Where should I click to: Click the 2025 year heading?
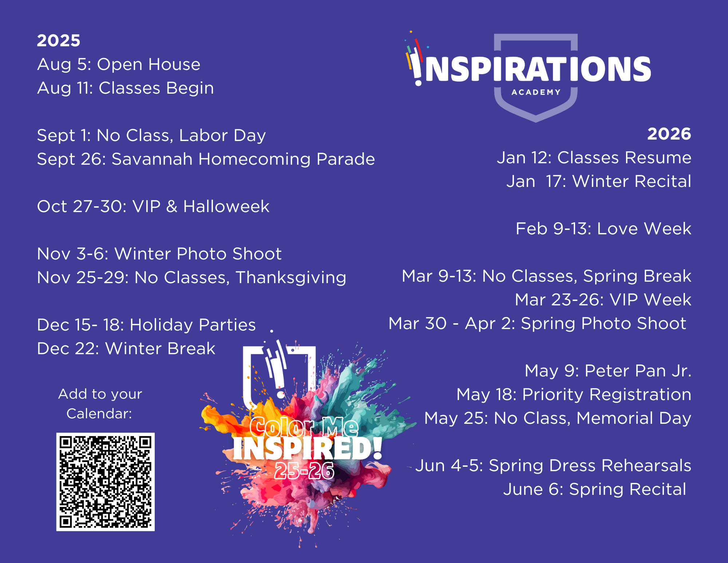tap(59, 40)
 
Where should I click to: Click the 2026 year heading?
tap(669, 134)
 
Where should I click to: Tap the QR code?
tap(106, 482)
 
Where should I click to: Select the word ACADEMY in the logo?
tap(536, 92)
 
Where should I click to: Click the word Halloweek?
tap(226, 207)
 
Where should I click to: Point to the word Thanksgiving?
tap(291, 278)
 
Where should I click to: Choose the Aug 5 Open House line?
tap(119, 64)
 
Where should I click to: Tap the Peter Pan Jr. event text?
tap(608, 371)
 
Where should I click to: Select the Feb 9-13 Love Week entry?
tap(604, 229)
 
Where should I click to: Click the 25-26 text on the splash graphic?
tap(304, 470)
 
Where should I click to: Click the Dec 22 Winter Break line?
tap(126, 349)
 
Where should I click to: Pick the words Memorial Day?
tap(634, 418)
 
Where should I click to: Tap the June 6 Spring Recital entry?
tap(595, 489)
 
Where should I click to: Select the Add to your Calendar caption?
tap(100, 404)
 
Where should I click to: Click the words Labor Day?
tap(222, 136)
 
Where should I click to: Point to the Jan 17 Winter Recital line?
tap(599, 181)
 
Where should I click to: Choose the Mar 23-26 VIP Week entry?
tap(603, 300)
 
